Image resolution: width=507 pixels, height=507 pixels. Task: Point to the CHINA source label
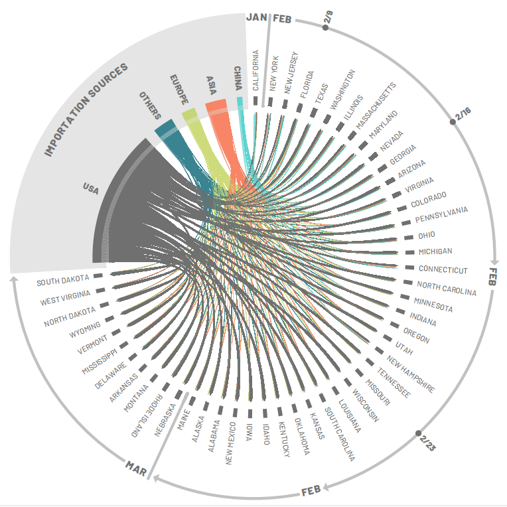coord(237,78)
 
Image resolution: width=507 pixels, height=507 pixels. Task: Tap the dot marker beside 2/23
coord(418,433)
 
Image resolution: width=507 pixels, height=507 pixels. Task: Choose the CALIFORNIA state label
coord(255,70)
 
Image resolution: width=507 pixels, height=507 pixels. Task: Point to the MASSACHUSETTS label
coord(375,106)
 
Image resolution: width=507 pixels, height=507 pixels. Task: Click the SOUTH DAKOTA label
coord(62,281)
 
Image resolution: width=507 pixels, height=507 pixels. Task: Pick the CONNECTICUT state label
coord(443,269)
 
